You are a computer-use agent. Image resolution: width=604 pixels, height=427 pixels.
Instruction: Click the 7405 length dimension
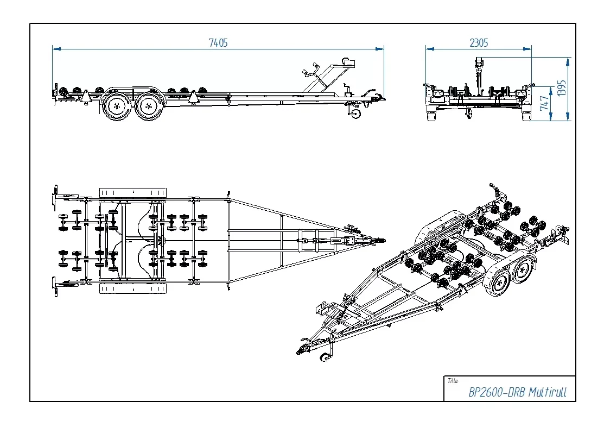218,43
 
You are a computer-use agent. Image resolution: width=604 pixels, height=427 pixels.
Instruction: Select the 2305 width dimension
479,43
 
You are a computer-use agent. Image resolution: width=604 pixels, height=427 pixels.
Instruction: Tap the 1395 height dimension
562,88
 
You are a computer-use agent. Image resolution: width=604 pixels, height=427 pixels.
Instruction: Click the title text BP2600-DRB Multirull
517,392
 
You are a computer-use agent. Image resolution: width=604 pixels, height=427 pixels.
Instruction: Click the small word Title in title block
453,381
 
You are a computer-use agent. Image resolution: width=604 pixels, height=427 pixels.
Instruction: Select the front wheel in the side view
148,106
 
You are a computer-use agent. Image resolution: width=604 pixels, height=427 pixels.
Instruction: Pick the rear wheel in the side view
116,106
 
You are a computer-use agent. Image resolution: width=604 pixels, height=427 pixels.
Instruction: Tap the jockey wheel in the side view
356,113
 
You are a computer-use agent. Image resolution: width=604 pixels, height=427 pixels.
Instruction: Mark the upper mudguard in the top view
133,193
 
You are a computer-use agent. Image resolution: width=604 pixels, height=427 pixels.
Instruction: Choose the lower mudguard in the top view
133,287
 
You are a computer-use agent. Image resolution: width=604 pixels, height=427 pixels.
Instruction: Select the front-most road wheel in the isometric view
500,283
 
